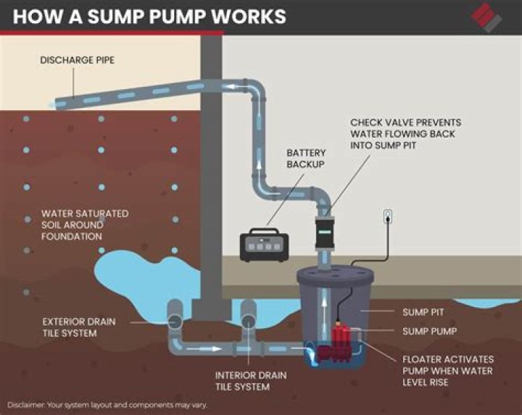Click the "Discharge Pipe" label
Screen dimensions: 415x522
pos(76,60)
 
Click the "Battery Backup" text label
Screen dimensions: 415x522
pos(306,159)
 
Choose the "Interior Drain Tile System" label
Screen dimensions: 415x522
pos(250,381)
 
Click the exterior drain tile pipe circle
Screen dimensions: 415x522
pos(175,319)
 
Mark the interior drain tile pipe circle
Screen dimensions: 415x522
pos(248,319)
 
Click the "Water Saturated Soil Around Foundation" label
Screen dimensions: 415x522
pos(85,225)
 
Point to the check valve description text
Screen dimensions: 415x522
pos(405,134)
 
